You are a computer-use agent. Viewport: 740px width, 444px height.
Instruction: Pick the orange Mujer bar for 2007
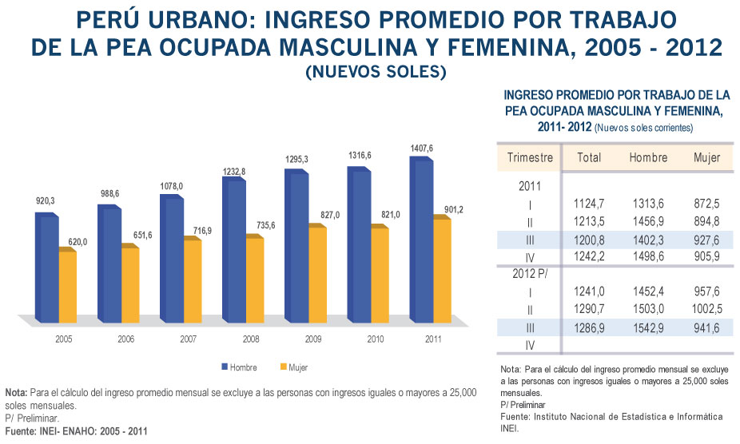click(x=193, y=279)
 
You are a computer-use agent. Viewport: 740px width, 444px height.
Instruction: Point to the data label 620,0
click(x=70, y=242)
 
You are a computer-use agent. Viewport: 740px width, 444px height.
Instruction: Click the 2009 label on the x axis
click(x=313, y=339)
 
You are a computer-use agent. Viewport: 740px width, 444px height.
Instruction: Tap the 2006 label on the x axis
click(x=127, y=339)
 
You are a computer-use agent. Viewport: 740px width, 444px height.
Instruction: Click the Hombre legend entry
click(x=241, y=367)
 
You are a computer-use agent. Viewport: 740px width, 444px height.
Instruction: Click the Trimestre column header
click(x=530, y=157)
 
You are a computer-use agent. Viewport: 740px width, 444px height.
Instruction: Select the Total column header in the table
click(x=589, y=157)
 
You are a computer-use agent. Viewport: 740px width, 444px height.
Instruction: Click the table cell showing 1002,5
click(x=706, y=308)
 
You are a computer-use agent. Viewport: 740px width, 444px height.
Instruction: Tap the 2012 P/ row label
click(x=531, y=273)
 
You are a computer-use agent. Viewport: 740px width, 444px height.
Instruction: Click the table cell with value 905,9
click(x=706, y=256)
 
